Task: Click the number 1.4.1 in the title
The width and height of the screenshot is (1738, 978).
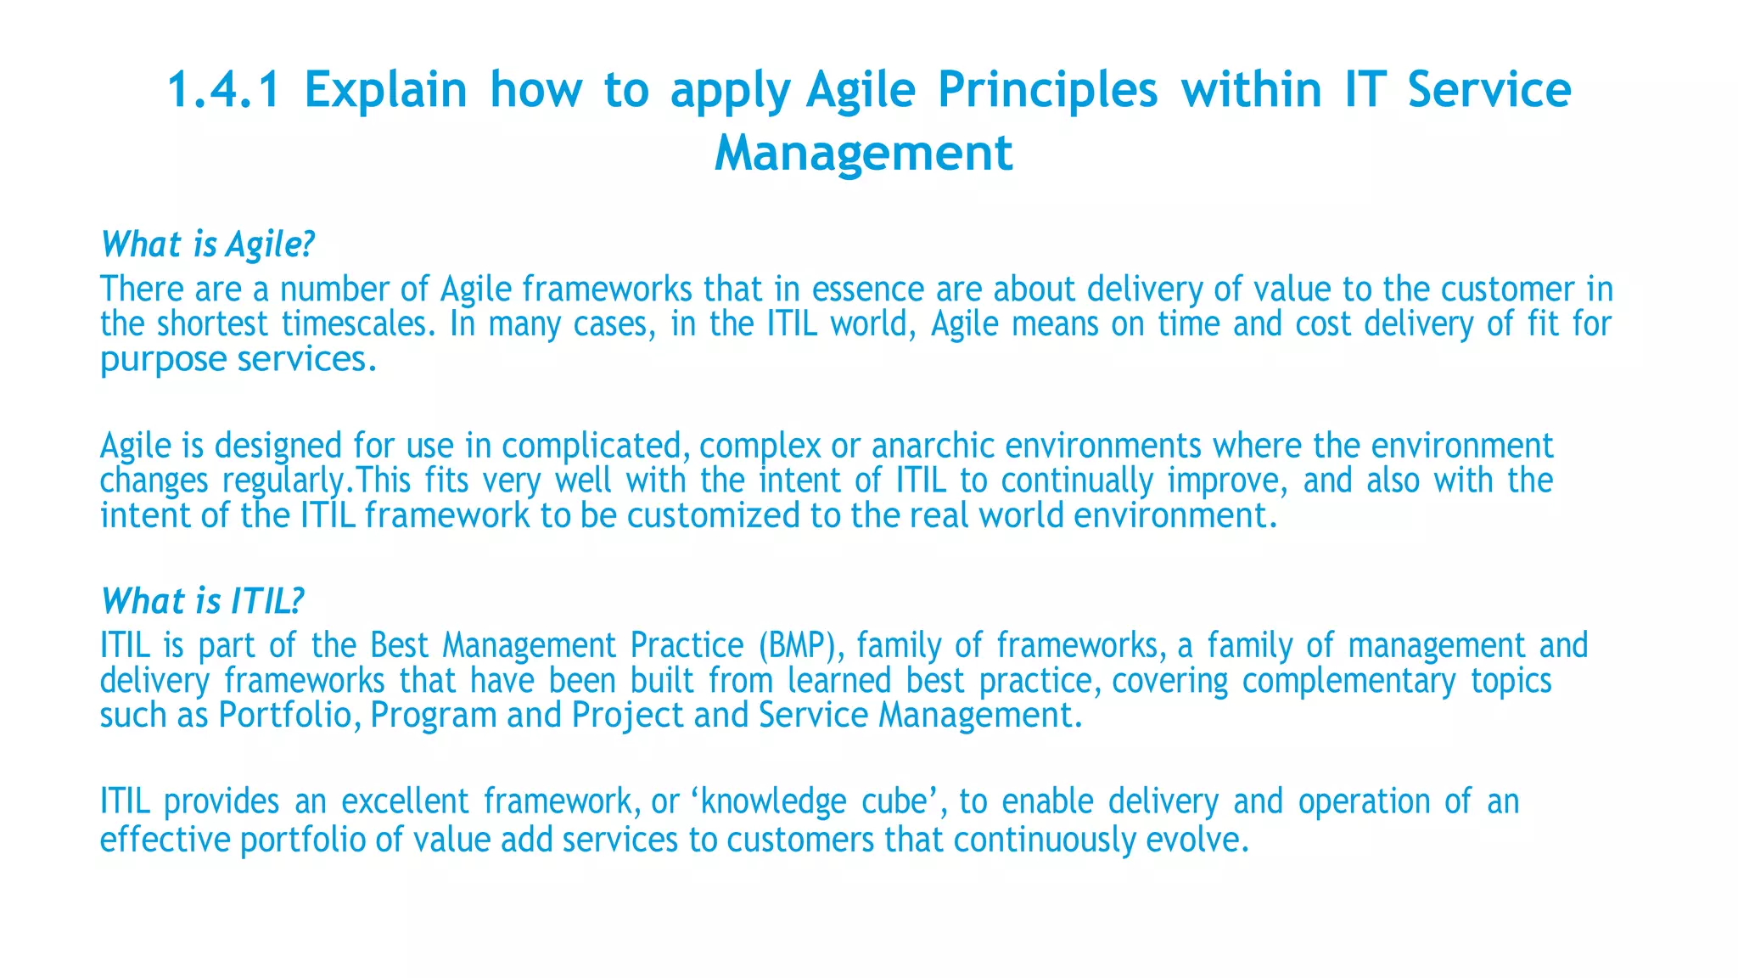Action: click(x=223, y=90)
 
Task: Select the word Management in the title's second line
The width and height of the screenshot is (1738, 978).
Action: click(x=863, y=154)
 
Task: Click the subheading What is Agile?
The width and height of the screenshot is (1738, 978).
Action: click(x=207, y=244)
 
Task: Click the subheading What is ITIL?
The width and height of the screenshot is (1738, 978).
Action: click(x=202, y=601)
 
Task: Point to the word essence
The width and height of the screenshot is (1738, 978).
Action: click(x=867, y=289)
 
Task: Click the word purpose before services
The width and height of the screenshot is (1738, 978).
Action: click(x=163, y=360)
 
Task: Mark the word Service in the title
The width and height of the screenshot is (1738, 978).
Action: click(x=1489, y=90)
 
